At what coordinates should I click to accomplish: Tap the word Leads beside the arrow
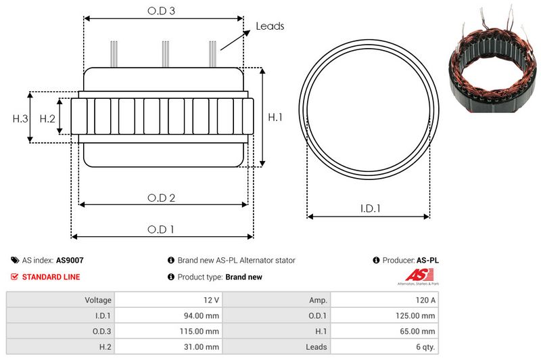[270, 26]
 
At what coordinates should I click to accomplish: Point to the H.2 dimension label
[47, 118]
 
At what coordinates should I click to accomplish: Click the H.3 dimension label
[20, 118]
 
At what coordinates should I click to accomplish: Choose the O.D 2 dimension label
[162, 198]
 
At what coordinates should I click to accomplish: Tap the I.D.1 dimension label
[369, 209]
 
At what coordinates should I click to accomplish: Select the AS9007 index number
[70, 260]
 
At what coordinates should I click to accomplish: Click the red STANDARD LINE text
[51, 277]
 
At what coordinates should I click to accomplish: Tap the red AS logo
[415, 275]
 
